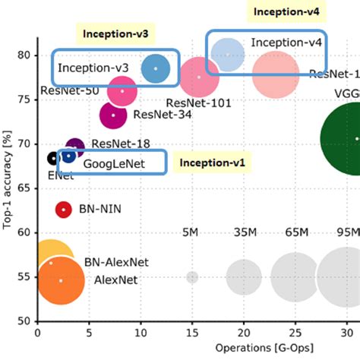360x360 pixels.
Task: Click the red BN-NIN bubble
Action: tap(63, 209)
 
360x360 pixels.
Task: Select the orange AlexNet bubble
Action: tap(61, 280)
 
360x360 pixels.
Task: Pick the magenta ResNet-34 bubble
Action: tap(114, 115)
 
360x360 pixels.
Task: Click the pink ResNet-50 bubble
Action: tap(122, 90)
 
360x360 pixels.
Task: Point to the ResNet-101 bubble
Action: tap(199, 77)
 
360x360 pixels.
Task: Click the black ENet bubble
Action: tap(52, 158)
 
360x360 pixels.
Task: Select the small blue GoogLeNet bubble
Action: tap(69, 156)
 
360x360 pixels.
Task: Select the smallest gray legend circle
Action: tap(192, 277)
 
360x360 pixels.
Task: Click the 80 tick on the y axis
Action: tap(24, 55)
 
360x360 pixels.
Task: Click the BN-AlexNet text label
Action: tap(116, 262)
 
